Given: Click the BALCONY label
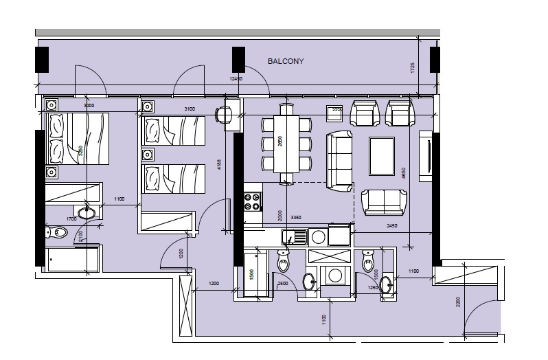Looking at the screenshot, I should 285,61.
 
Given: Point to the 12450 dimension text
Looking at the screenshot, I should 236,79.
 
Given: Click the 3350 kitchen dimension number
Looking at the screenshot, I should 296,218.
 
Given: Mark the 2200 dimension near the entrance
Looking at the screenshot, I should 457,301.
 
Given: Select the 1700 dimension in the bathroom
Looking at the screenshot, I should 71,219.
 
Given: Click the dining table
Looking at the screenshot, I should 286,144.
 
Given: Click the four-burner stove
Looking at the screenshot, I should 252,200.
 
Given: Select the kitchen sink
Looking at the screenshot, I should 296,237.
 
